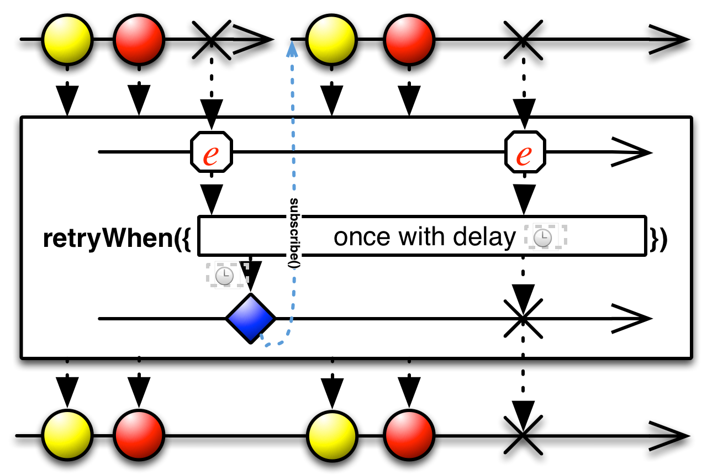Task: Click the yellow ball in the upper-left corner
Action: tap(67, 40)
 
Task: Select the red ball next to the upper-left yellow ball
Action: tap(139, 40)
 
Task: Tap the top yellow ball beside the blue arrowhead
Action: tap(331, 40)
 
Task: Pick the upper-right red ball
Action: tap(409, 40)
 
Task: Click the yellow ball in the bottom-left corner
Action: tap(67, 435)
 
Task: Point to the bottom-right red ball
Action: tap(409, 435)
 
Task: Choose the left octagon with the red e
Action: tap(212, 152)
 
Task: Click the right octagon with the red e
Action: tap(525, 152)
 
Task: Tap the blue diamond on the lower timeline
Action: tap(250, 319)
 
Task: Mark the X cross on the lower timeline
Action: tap(523, 319)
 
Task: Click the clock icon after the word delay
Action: tap(542, 237)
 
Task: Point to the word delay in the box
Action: tap(484, 237)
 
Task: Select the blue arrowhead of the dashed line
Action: tap(292, 50)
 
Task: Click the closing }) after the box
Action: tap(658, 238)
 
